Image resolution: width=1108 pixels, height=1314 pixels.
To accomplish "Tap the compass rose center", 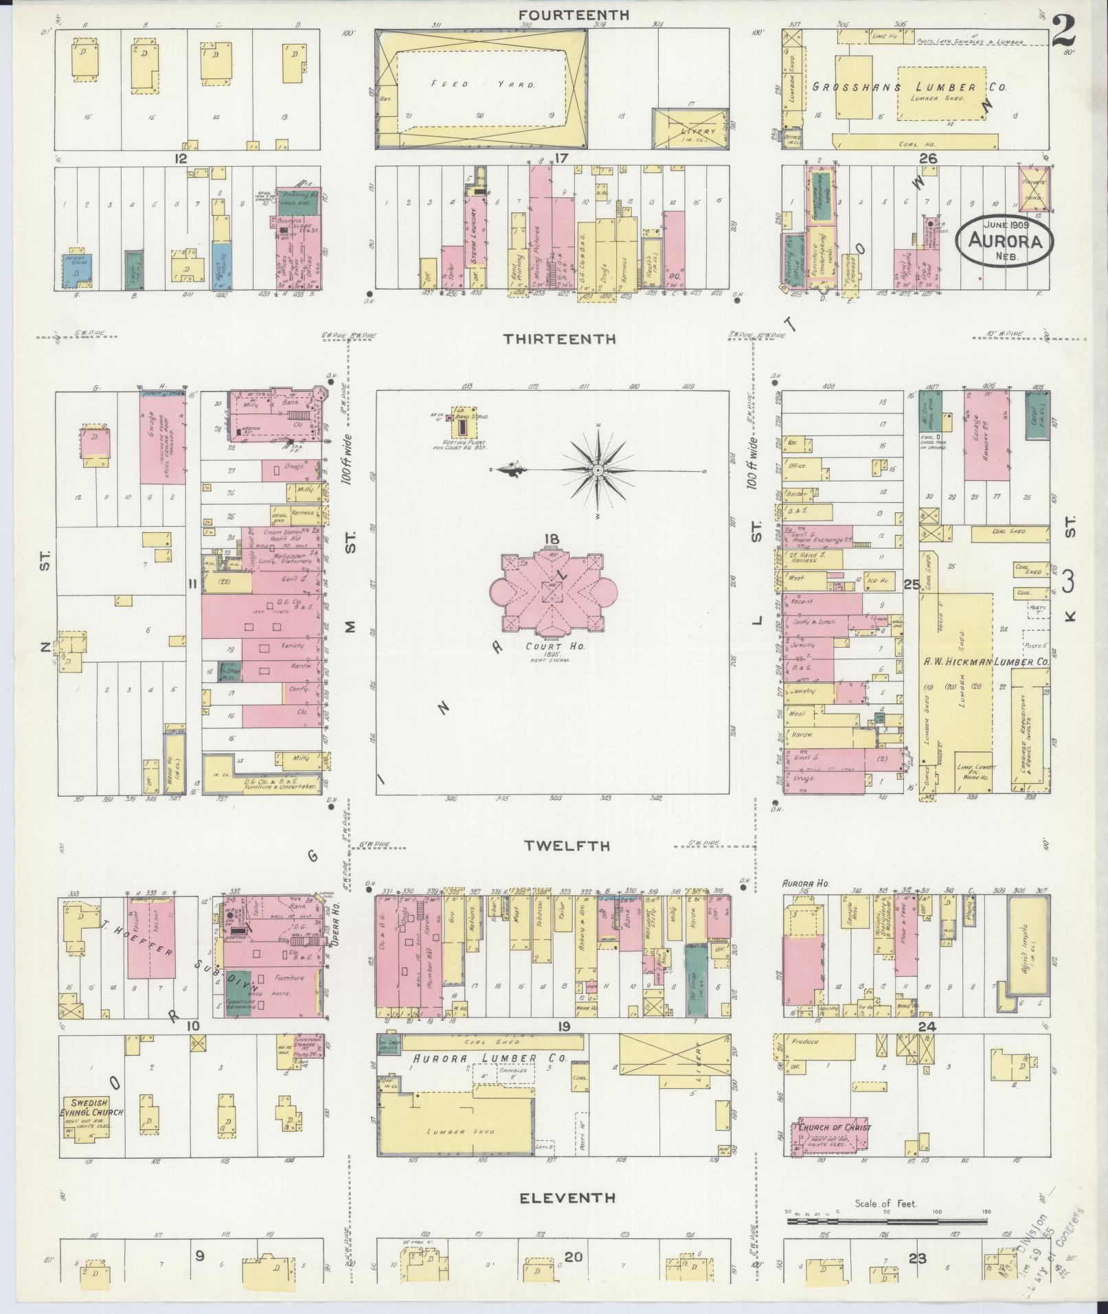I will click(598, 470).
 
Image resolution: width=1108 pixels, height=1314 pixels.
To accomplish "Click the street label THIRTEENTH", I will click(559, 339).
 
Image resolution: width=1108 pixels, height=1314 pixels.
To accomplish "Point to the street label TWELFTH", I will click(567, 846).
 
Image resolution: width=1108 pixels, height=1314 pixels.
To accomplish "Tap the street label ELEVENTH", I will click(567, 1197).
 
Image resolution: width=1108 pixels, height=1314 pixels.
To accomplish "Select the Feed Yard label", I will click(483, 84).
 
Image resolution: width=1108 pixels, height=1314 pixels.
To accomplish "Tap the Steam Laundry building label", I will click(474, 238).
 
